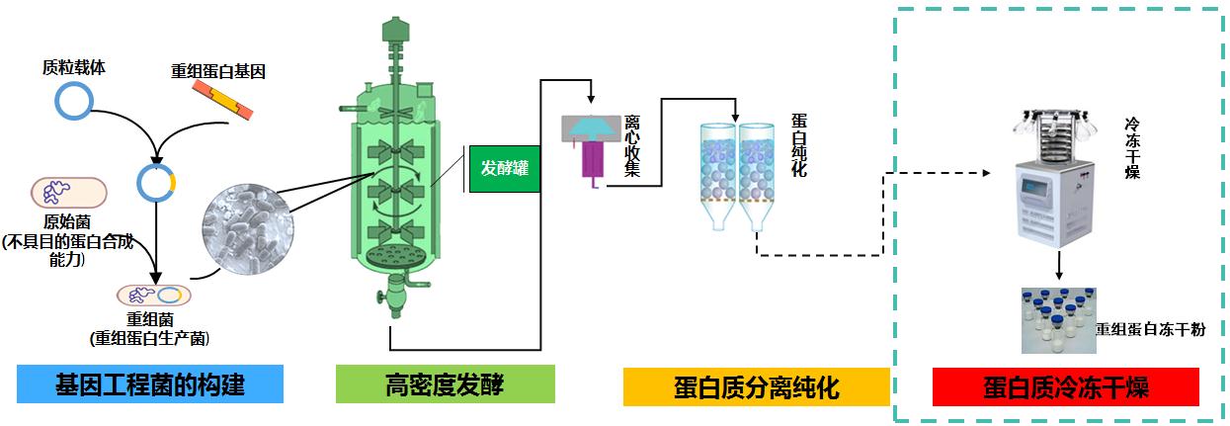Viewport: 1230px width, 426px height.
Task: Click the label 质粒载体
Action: pos(74,69)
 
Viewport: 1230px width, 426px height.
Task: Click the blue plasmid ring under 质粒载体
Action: pos(74,102)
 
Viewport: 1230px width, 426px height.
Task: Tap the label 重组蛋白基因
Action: pos(218,71)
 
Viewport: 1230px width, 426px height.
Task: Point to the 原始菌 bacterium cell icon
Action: pos(69,193)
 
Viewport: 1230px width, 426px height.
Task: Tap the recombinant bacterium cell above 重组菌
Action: pos(154,295)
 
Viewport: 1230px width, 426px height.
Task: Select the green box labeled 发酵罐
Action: pos(504,168)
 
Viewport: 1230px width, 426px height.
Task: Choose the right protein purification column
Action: pos(758,173)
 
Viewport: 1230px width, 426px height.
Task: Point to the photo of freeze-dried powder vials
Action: pos(1058,318)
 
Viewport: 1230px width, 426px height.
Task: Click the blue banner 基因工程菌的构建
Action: pos(150,383)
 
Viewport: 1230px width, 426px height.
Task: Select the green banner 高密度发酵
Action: pos(445,383)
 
